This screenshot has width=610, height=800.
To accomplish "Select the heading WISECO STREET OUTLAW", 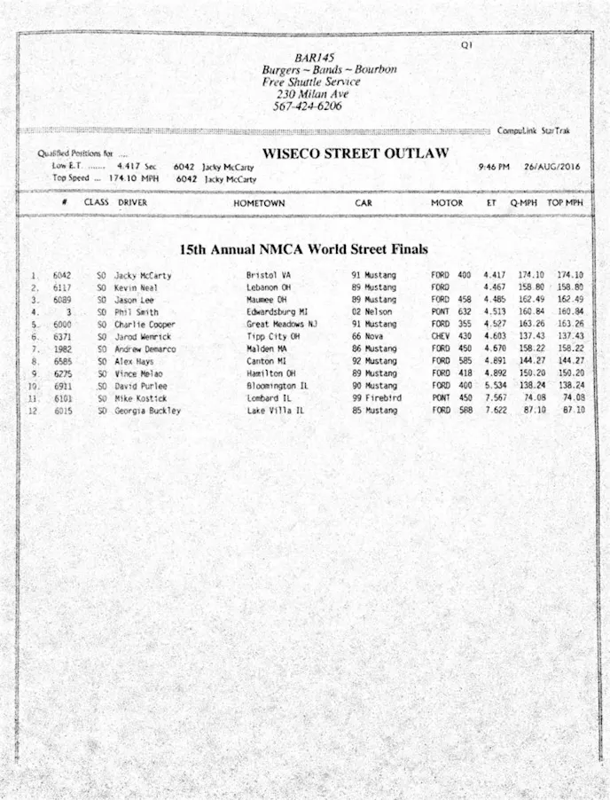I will tap(355, 153).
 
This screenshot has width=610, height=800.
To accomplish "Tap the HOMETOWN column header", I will tap(259, 203).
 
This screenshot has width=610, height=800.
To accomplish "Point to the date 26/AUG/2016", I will tap(552, 167).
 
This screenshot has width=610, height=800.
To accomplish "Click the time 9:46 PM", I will tap(493, 167).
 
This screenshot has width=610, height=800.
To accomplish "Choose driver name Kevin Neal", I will tap(136, 288).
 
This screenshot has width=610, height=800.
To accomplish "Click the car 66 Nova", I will tap(368, 337).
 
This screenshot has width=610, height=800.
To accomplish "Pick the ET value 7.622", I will tap(495, 411).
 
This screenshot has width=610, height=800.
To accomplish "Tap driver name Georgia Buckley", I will tap(147, 411).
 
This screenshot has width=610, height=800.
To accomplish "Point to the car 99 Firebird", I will tap(376, 398).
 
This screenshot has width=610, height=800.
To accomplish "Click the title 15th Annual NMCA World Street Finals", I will tap(303, 249).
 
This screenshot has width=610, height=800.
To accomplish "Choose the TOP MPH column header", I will tap(565, 203).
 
